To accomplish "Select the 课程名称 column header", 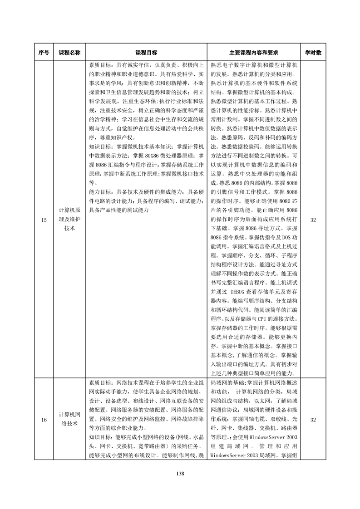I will pyautogui.click(x=69, y=53).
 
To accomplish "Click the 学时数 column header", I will pyautogui.click(x=313, y=53).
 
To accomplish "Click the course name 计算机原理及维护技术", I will pyautogui.click(x=69, y=220).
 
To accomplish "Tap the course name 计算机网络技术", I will pyautogui.click(x=69, y=420).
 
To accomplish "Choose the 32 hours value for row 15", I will pyautogui.click(x=313, y=220).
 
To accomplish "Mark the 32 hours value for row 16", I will pyautogui.click(x=313, y=420).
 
